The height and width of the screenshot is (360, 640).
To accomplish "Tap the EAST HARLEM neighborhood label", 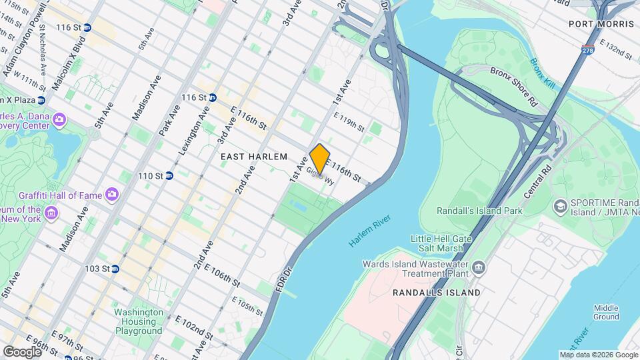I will pos(253,157).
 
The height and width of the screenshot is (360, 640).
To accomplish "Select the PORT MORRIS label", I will pos(601,24).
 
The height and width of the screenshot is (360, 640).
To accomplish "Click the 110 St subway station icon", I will pos(169,176).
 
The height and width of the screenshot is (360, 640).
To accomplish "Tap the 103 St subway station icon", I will pos(115,269).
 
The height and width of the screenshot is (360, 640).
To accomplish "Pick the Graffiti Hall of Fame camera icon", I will pos(111,195).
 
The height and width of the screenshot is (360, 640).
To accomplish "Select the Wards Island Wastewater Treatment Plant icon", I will pos(478,268).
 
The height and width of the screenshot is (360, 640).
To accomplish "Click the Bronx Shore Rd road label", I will pos(513,85).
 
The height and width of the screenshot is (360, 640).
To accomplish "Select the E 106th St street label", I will pos(221,275).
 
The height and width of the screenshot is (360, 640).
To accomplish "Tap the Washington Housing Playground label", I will pos(138,321).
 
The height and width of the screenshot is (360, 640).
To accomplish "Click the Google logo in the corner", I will pos(22,351).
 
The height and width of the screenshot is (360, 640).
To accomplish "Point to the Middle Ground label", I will pos(606,312).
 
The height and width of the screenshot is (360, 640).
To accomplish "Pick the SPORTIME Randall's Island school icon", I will pos(559,206).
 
